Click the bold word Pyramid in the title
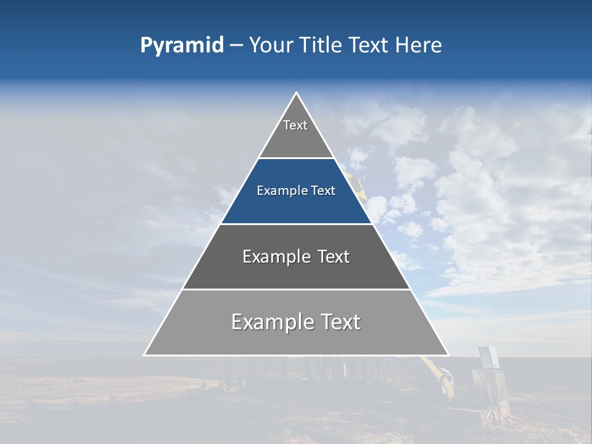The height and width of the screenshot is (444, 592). pos(182,46)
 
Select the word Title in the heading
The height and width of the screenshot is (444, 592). pos(321,46)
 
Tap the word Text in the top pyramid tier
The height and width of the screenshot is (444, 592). pos(295,125)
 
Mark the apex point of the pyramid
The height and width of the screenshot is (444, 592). pos(297,93)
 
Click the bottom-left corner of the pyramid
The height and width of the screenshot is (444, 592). pos(145,355)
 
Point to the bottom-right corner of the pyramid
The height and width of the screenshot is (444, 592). pos(448,355)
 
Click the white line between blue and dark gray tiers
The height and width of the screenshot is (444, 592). pos(297,224)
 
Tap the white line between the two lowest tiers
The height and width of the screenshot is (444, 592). pos(297,289)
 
